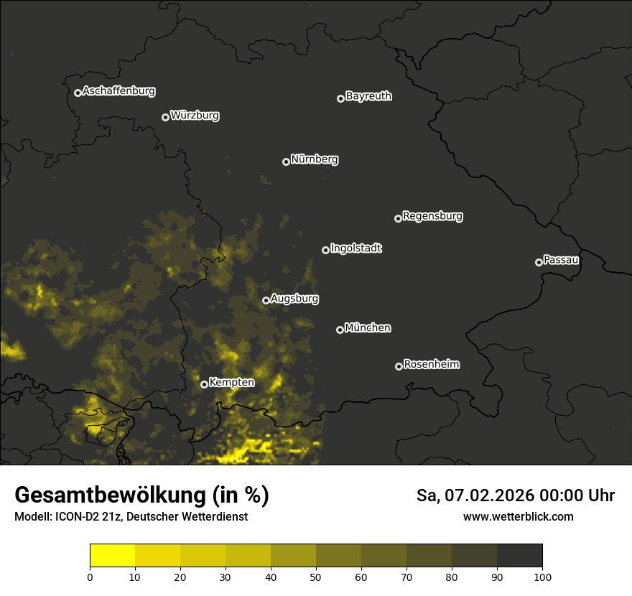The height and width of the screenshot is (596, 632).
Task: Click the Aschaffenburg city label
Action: click(x=118, y=91)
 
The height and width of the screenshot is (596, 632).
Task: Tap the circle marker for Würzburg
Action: click(x=165, y=117)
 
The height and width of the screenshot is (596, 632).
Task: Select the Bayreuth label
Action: click(x=368, y=96)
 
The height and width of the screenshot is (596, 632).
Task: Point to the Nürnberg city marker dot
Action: click(x=286, y=162)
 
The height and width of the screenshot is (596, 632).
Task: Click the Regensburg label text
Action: click(x=432, y=216)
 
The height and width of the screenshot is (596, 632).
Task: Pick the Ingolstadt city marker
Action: click(x=325, y=250)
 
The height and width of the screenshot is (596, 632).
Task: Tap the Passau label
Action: click(x=561, y=260)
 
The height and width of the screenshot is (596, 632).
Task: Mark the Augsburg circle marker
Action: click(x=266, y=300)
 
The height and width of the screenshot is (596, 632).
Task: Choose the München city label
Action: click(x=368, y=328)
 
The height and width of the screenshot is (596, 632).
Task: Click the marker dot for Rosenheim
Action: click(x=399, y=367)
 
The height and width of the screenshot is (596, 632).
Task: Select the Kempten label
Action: click(x=231, y=383)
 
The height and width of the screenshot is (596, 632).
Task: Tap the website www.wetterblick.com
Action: click(x=518, y=516)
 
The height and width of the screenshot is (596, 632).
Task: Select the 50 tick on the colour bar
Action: click(x=316, y=576)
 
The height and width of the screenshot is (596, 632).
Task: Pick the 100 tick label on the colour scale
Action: click(x=542, y=576)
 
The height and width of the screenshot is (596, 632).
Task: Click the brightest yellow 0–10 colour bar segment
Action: click(x=112, y=556)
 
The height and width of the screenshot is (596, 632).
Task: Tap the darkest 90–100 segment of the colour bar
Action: click(x=519, y=556)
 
